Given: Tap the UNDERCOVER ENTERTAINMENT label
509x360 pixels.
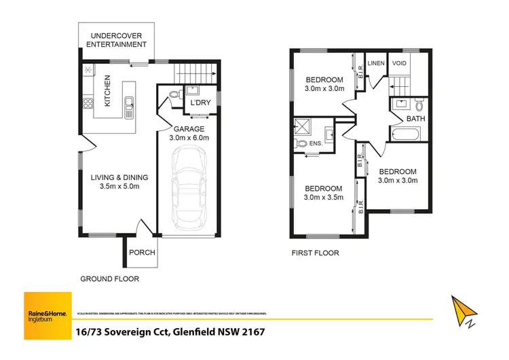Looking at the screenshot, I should [116, 39].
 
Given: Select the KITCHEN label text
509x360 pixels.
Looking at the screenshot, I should [107, 90].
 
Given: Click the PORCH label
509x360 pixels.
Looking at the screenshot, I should [142, 253].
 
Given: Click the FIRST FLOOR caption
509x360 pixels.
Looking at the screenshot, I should [314, 253].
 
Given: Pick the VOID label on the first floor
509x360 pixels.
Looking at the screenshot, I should [399, 63].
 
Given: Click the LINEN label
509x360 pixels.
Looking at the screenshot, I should [376, 63].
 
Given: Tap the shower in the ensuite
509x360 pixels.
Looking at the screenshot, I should [301, 126].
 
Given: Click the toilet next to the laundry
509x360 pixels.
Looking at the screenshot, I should [173, 95].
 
